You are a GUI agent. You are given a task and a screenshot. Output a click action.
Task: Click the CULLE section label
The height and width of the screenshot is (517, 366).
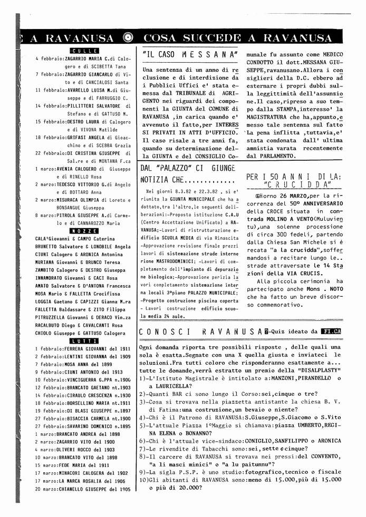click(84, 50)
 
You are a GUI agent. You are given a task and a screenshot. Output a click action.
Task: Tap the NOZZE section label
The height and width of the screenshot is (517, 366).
click(84, 230)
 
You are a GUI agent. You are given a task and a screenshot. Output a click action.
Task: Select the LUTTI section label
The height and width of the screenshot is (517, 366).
click(84, 341)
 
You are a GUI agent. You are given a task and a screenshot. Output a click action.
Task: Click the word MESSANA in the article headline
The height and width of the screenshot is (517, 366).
click(208, 53)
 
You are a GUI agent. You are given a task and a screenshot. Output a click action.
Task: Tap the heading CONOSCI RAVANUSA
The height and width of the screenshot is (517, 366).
click(200, 331)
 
